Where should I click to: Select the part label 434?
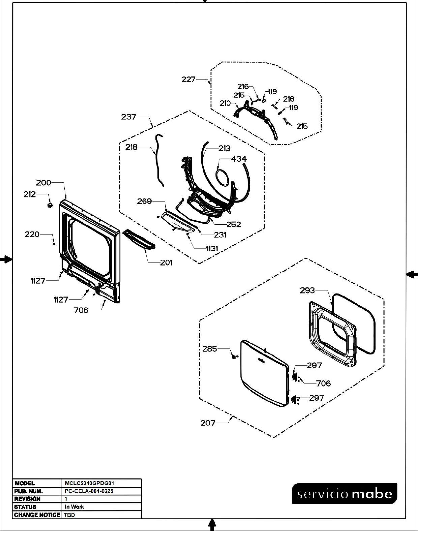(x=239, y=159)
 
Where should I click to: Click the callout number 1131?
(x=212, y=249)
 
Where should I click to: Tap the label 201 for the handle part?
(x=166, y=262)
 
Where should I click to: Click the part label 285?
(x=210, y=349)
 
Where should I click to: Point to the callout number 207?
(x=208, y=423)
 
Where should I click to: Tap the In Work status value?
(x=74, y=507)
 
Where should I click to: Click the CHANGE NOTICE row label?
(x=37, y=515)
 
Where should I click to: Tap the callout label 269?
(x=145, y=201)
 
